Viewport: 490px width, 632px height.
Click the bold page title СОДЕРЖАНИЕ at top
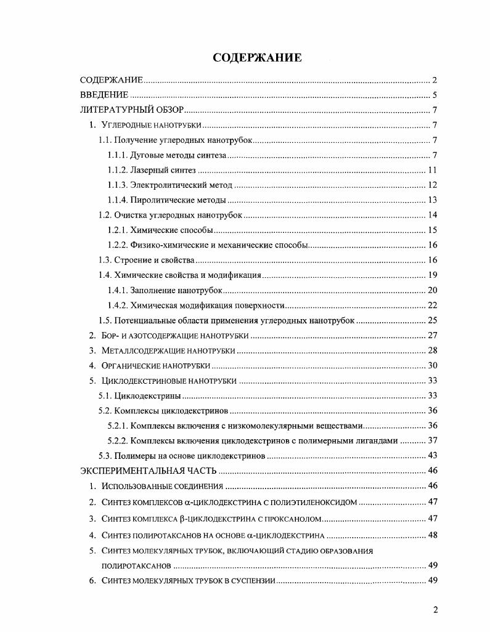(257, 58)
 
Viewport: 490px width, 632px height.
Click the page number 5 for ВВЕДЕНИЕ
(435, 95)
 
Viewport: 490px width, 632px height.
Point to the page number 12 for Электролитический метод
(432, 185)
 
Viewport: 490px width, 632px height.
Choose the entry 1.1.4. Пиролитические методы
(166, 200)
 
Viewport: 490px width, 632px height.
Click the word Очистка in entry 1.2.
(129, 215)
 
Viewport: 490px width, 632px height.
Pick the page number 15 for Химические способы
(432, 230)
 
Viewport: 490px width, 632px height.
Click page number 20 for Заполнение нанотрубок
(432, 290)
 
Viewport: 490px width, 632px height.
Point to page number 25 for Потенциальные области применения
(432, 320)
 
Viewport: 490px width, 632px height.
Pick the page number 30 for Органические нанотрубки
(432, 365)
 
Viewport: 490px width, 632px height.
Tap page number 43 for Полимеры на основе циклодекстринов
(432, 456)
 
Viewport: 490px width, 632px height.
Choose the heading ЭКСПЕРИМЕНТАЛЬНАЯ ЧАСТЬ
(149, 471)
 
